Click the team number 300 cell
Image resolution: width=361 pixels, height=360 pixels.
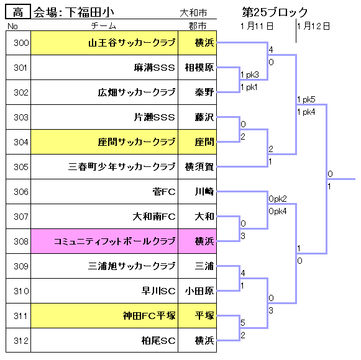point(19,43)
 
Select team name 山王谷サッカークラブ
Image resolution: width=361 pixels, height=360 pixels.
point(132,43)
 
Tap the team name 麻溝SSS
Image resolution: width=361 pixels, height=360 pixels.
point(155,68)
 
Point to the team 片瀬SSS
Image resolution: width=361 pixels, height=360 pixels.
point(155,117)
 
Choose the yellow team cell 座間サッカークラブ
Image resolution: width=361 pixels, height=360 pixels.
point(104,142)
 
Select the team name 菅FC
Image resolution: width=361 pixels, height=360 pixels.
point(164,192)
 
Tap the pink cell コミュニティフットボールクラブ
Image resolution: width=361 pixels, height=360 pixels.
point(104,241)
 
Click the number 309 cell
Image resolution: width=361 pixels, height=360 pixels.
point(19,266)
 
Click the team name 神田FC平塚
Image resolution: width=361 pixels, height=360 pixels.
point(149,316)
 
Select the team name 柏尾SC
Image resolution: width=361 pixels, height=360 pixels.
point(158,341)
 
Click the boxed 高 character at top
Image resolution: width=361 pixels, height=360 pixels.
point(18,12)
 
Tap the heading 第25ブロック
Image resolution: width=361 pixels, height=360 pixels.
point(275,12)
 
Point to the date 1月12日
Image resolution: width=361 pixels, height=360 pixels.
point(314,26)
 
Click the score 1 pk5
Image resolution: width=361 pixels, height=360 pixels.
point(306,99)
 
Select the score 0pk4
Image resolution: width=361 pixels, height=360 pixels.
point(278,211)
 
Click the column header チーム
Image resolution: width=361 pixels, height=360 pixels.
point(104,26)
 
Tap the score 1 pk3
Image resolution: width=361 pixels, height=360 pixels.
point(250,74)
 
